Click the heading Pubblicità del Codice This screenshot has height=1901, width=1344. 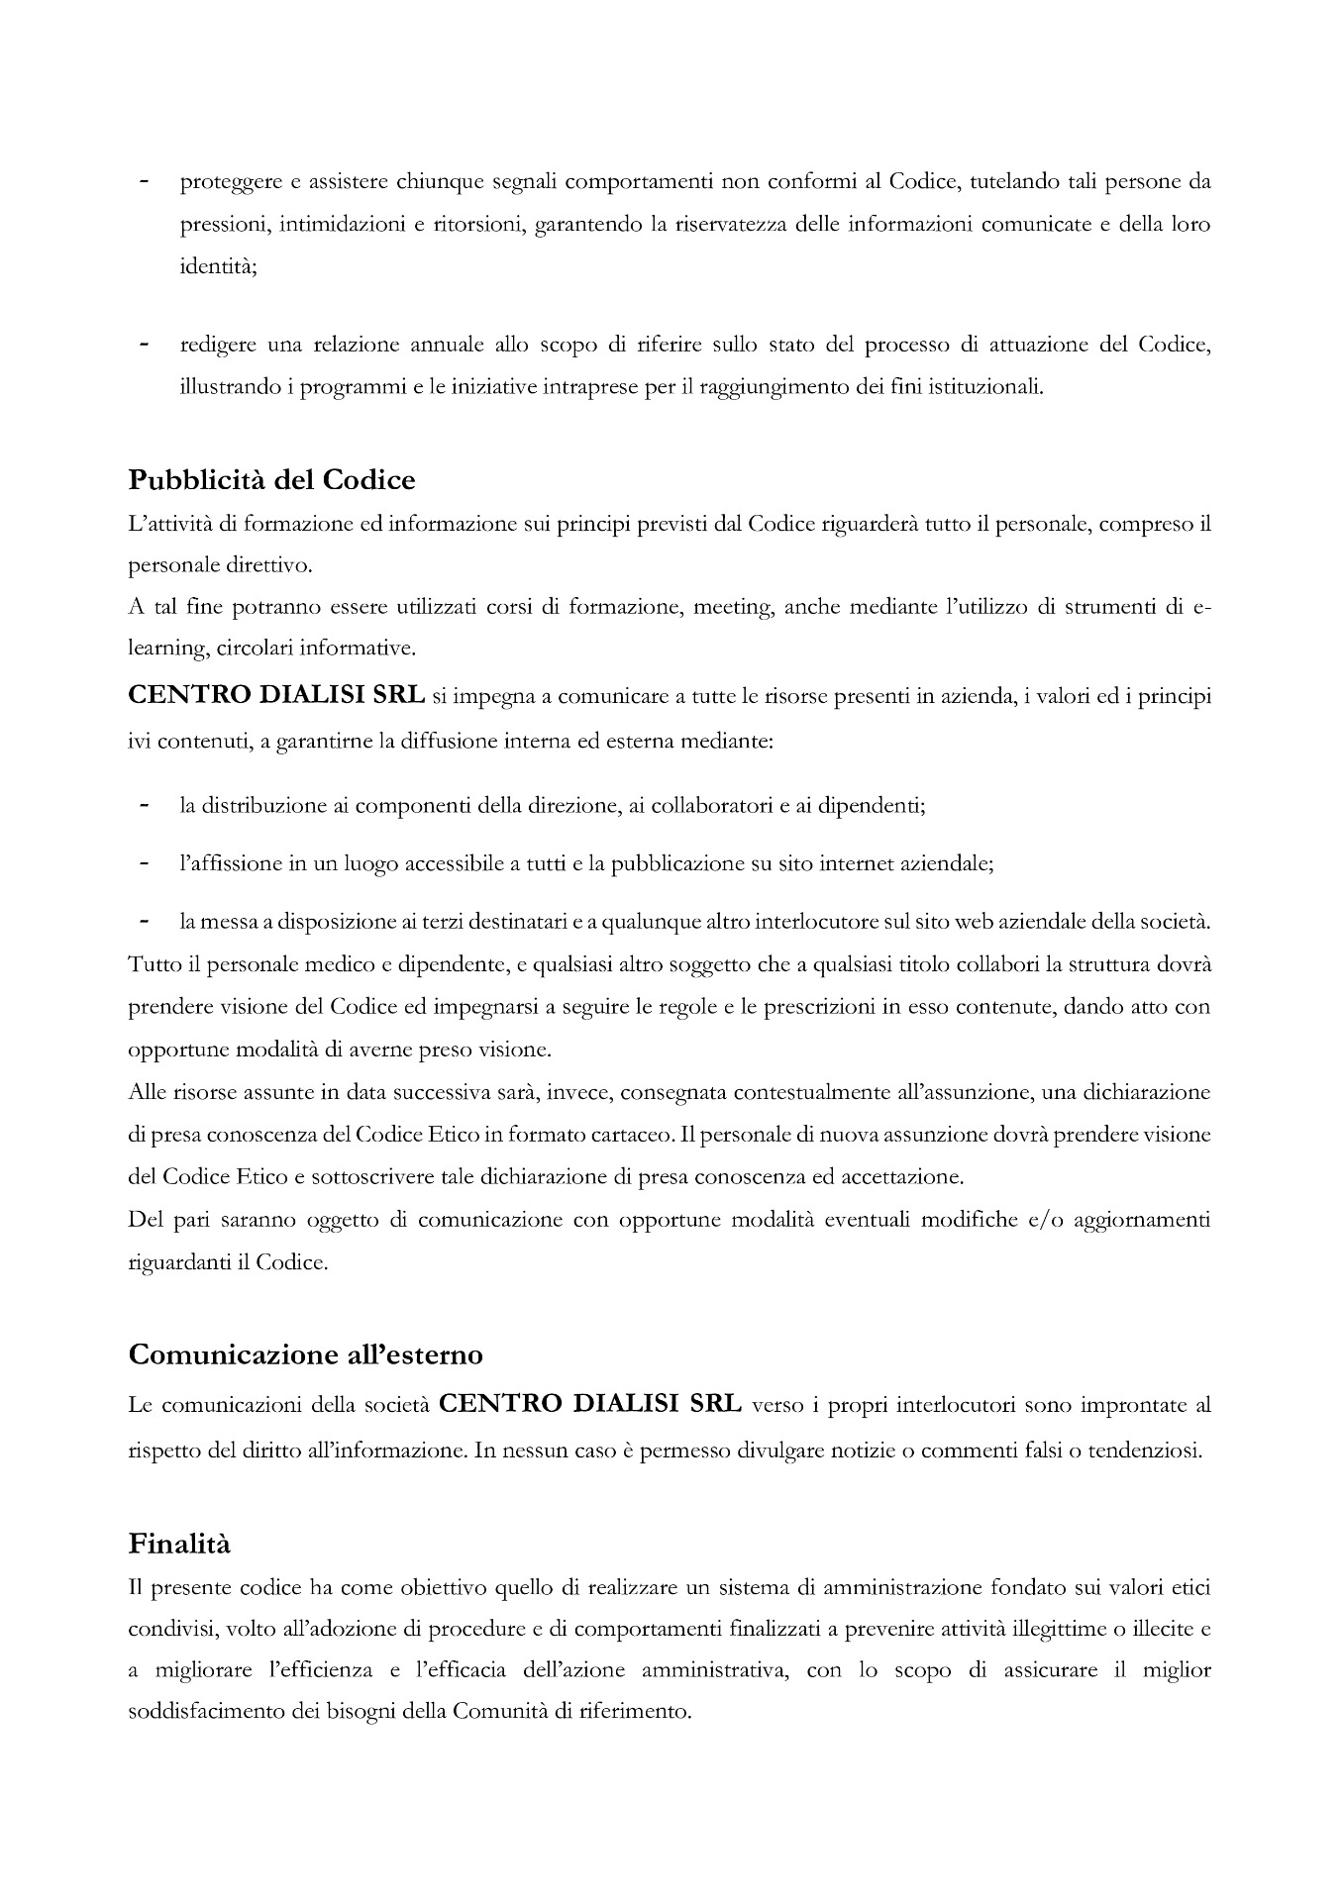271,480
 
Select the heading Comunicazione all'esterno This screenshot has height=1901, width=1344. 306,1354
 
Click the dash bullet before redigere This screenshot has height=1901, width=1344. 145,346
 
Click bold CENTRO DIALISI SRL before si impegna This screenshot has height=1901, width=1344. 276,696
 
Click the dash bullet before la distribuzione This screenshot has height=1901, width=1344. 145,806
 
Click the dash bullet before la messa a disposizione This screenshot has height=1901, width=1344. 145,922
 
